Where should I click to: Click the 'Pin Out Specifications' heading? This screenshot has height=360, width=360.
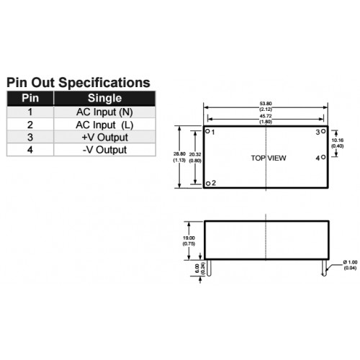tap(78, 83)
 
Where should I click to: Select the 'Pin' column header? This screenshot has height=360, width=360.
tap(30, 98)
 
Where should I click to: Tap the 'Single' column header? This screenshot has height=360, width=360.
tap(104, 98)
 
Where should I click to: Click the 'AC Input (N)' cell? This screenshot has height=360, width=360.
tap(104, 112)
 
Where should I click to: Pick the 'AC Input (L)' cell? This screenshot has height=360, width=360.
tap(104, 125)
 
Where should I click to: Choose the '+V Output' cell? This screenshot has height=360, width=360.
tap(104, 138)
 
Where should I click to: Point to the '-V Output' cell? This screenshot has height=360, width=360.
tap(104, 150)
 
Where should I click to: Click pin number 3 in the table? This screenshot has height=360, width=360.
tap(30, 138)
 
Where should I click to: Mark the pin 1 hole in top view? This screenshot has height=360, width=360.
tap(208, 131)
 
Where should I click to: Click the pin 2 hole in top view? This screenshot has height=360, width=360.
tap(208, 184)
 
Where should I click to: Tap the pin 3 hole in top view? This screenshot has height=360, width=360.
tap(323, 131)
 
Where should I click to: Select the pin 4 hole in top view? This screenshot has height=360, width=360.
tap(323, 157)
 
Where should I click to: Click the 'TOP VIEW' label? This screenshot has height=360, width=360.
tap(269, 158)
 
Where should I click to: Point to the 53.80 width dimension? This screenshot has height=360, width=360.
tap(266, 104)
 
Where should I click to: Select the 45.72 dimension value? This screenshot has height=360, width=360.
tap(266, 116)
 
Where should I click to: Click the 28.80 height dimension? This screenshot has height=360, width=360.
tap(179, 154)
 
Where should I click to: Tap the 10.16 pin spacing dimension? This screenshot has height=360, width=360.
tap(338, 140)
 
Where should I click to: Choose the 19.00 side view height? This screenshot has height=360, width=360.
tap(189, 238)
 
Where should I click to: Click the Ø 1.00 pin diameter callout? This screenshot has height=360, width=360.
tap(350, 262)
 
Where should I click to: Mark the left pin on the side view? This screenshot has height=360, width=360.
tap(209, 268)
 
